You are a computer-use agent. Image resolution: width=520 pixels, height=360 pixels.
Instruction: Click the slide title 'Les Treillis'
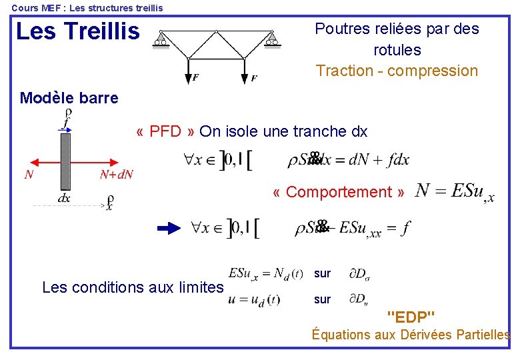(x=77, y=31)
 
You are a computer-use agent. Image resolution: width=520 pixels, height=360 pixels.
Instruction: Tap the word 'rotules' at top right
(x=397, y=50)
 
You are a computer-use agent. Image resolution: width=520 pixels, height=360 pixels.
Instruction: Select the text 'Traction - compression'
(x=397, y=71)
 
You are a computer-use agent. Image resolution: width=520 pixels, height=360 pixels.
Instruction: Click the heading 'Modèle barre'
(x=69, y=99)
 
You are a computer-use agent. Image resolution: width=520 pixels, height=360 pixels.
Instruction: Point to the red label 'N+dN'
(x=116, y=175)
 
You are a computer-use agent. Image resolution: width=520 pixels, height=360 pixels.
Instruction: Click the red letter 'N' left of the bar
(x=29, y=175)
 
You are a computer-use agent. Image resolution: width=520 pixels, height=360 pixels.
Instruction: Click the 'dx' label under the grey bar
(x=64, y=198)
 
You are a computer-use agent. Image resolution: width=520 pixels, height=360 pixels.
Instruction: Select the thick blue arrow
(x=170, y=228)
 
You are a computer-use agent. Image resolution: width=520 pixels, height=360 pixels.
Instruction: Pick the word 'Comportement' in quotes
(x=339, y=192)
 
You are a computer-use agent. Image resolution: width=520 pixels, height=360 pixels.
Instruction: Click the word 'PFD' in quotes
(x=165, y=131)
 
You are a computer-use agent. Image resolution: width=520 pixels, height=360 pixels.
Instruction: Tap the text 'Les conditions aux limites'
(x=133, y=287)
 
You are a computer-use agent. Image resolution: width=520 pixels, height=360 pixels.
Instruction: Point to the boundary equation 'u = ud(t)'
(x=254, y=300)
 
